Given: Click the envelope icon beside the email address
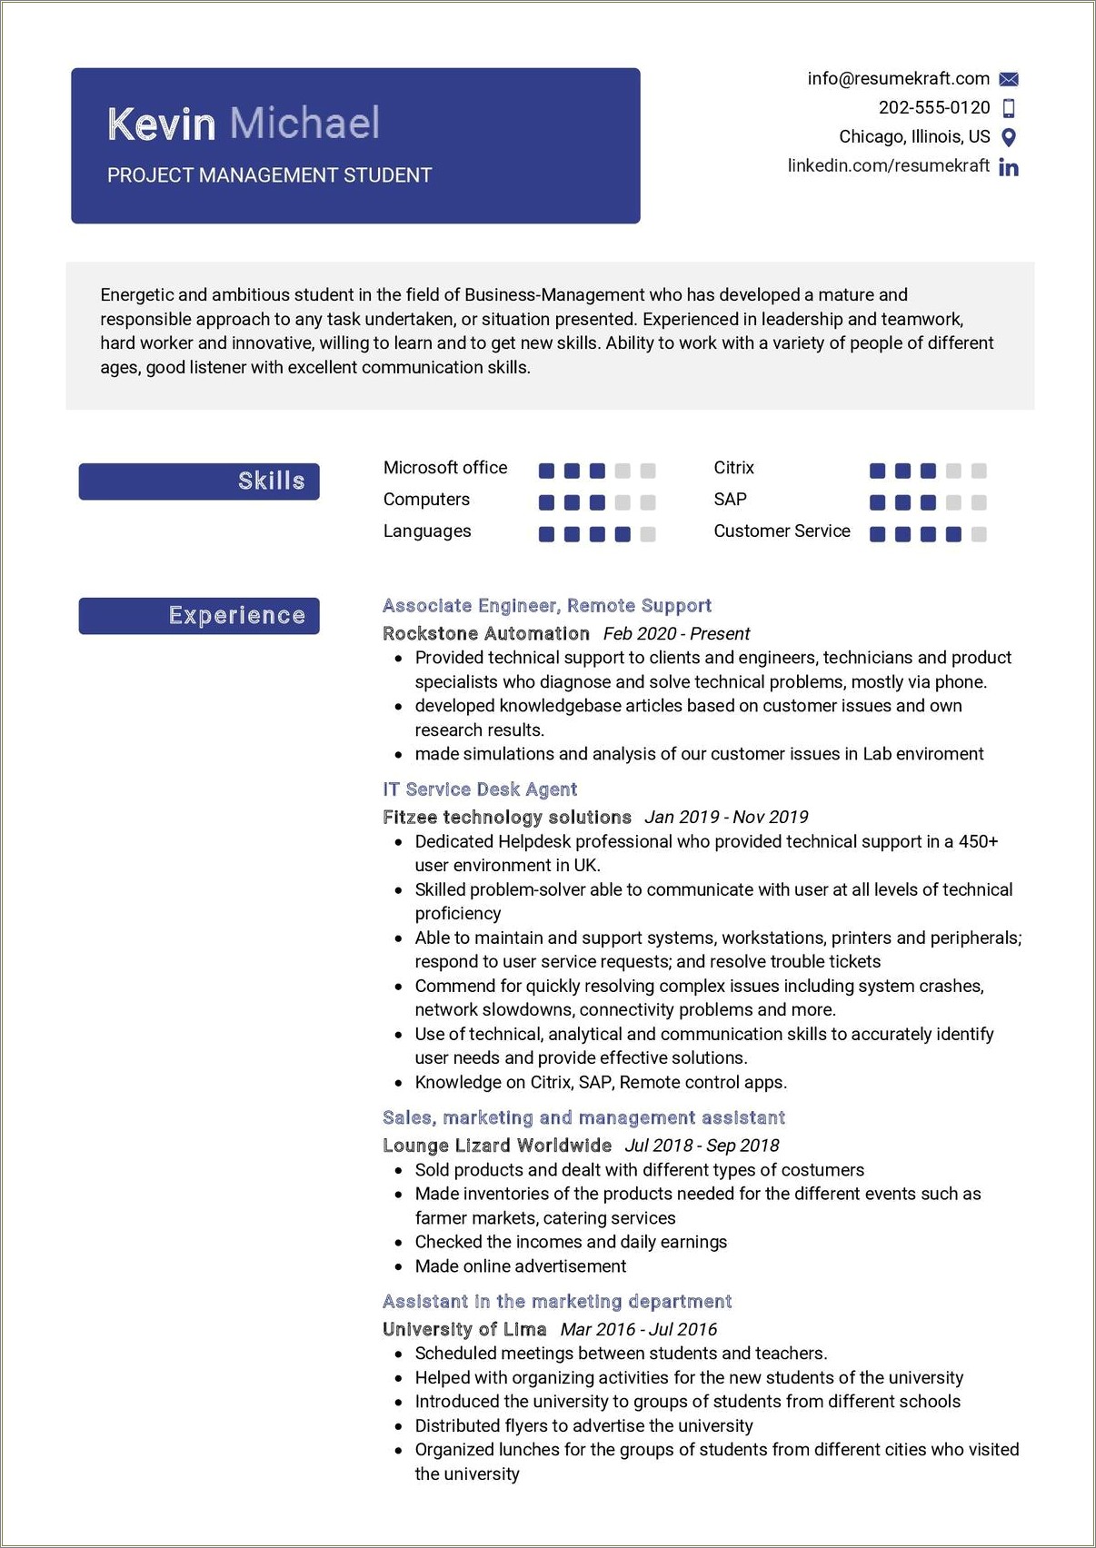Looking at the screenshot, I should tap(1008, 79).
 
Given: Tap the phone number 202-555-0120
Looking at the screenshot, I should tap(933, 107).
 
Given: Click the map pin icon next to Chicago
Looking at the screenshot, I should tap(1008, 137).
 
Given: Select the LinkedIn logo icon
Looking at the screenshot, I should tap(1008, 167).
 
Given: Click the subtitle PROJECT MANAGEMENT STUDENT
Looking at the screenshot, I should tap(269, 175).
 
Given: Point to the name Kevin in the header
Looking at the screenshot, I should tap(161, 124).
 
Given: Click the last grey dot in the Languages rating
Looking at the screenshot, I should tap(647, 534).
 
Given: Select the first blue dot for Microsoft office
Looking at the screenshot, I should tap(546, 471).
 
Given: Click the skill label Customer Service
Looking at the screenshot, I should tap(782, 531).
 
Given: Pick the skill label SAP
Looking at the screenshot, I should tap(730, 499).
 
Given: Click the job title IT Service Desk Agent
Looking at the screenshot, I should tap(480, 789).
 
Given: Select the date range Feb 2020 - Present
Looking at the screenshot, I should tap(676, 633).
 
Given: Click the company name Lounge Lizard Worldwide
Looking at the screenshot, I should tap(496, 1145).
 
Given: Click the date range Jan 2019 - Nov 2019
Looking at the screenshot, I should tap(726, 817).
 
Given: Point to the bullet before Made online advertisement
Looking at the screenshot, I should tap(398, 1266).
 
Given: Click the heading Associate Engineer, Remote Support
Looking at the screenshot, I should tap(546, 605).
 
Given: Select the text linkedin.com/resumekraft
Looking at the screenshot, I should tap(888, 165).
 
